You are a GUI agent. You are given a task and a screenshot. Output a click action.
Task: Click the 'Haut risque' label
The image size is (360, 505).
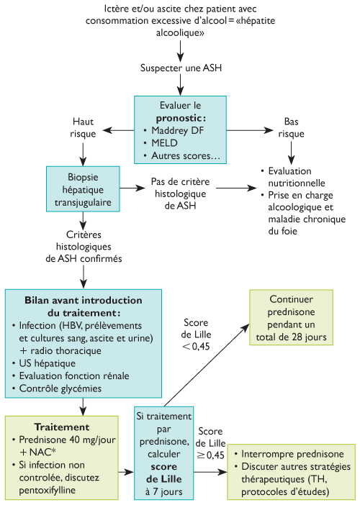83,127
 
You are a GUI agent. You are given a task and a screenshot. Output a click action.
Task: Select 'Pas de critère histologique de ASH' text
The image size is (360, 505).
179,194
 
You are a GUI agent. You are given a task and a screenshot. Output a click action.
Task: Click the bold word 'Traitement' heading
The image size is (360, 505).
55,427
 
